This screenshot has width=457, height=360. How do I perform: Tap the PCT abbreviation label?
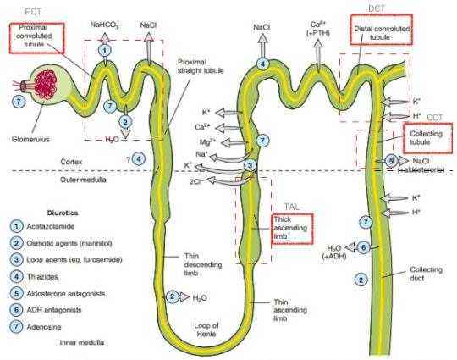(33, 12)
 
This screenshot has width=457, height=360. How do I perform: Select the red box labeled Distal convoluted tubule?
(381, 29)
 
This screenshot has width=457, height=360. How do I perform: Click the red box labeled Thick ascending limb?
(293, 229)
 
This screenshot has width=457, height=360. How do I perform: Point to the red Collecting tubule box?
(428, 138)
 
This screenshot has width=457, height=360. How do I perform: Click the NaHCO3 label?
(105, 25)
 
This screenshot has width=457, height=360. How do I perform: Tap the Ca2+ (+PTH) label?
(317, 29)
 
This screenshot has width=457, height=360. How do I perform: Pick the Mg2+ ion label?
(207, 141)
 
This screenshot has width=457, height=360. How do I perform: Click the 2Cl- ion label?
(196, 181)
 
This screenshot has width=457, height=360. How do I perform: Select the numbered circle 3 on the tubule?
(250, 165)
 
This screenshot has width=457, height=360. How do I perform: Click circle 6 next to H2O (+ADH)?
(363, 247)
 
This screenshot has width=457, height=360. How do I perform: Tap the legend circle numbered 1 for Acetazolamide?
(16, 226)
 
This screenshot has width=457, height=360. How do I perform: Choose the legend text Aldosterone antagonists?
(66, 293)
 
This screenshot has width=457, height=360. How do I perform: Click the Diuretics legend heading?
(63, 213)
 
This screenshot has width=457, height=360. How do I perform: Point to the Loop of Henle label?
(206, 330)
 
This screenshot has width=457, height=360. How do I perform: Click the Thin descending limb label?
(203, 264)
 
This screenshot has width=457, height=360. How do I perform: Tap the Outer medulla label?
(83, 180)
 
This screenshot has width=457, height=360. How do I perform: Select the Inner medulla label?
(82, 342)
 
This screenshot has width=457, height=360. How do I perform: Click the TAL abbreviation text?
(292, 207)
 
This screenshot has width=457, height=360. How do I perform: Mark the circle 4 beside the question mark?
(139, 159)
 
